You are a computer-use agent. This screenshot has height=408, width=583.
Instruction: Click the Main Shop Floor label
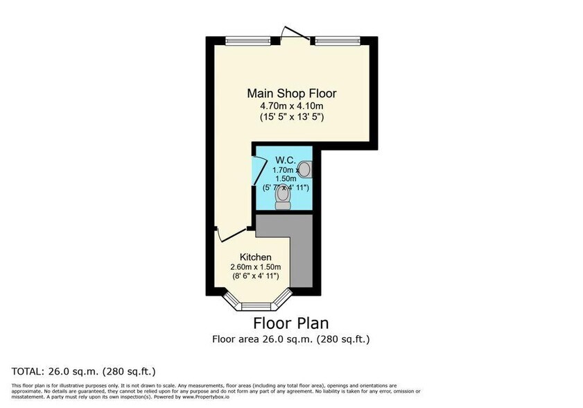pyautogui.click(x=292, y=93)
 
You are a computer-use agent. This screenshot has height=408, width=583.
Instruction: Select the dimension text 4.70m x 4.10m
pyautogui.click(x=292, y=105)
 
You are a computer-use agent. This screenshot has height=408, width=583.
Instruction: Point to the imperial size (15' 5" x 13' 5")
pyautogui.click(x=292, y=117)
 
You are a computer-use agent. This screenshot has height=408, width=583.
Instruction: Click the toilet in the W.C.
pyautogui.click(x=282, y=198)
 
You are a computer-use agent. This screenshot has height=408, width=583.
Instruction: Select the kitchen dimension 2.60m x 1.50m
pyautogui.click(x=256, y=267)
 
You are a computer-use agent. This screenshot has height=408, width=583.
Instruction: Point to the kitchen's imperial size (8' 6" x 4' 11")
pyautogui.click(x=256, y=277)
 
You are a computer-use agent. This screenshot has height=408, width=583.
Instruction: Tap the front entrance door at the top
pyautogui.click(x=291, y=33)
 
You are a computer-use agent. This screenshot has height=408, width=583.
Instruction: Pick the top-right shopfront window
pyautogui.click(x=337, y=40)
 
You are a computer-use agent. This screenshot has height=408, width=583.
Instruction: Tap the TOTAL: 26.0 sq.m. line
pyautogui.click(x=84, y=371)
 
